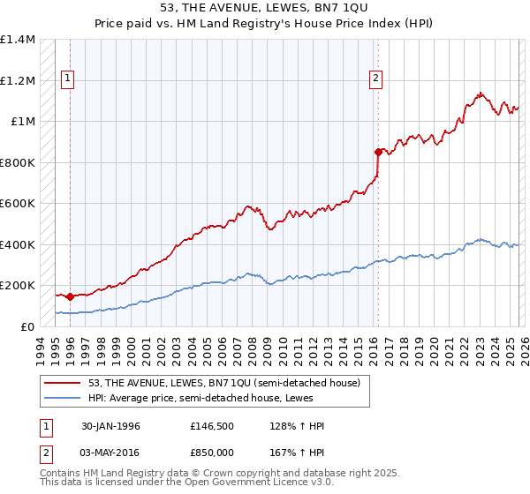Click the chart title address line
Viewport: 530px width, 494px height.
tap(265, 9)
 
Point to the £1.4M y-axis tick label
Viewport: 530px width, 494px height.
tap(18, 40)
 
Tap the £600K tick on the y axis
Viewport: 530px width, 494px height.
tap(18, 203)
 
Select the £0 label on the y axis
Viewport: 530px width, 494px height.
tap(28, 326)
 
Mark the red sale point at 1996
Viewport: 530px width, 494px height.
tap(70, 296)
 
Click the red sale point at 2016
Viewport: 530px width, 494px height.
tap(378, 152)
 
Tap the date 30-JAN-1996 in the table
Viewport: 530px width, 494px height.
tap(110, 426)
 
